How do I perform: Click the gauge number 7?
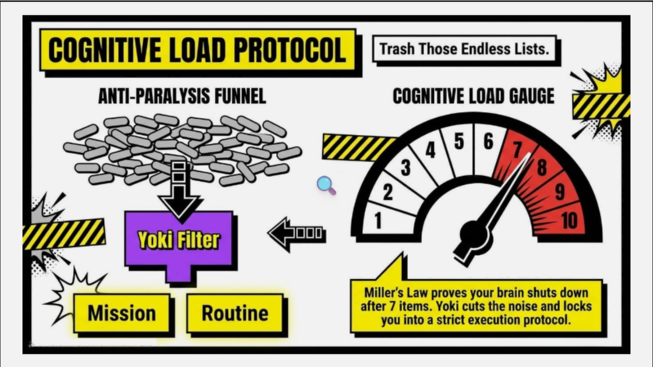(516, 150)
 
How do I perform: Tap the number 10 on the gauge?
(569, 220)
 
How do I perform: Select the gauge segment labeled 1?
(387, 218)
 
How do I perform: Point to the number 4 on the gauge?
(431, 150)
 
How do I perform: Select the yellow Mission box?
(122, 313)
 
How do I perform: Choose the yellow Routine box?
(235, 313)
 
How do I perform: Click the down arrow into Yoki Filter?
(179, 189)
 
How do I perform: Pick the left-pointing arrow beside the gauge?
(297, 234)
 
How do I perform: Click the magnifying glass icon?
(326, 185)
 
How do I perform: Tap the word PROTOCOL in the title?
(289, 50)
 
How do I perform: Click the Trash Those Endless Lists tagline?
(464, 49)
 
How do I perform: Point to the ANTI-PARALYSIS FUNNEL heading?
(182, 96)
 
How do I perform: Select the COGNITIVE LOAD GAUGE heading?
(474, 96)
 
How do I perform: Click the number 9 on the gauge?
(560, 192)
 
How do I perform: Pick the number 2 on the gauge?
(387, 192)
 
